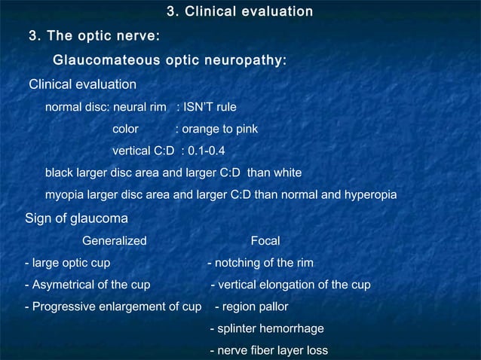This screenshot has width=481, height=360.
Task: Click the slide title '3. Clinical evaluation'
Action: coord(240,11)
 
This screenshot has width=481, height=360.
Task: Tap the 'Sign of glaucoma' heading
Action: coord(75,218)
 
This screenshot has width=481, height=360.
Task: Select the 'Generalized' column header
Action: coord(114,241)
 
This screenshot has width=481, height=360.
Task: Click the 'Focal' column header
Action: coord(265,241)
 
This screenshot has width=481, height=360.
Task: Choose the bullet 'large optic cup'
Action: coord(69,263)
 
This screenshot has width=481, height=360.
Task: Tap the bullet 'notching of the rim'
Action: coord(263,263)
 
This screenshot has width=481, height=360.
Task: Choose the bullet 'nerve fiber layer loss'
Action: coord(271,350)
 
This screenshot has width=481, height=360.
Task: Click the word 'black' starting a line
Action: coord(59,173)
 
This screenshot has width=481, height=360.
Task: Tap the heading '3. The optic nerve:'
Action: coord(93,36)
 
